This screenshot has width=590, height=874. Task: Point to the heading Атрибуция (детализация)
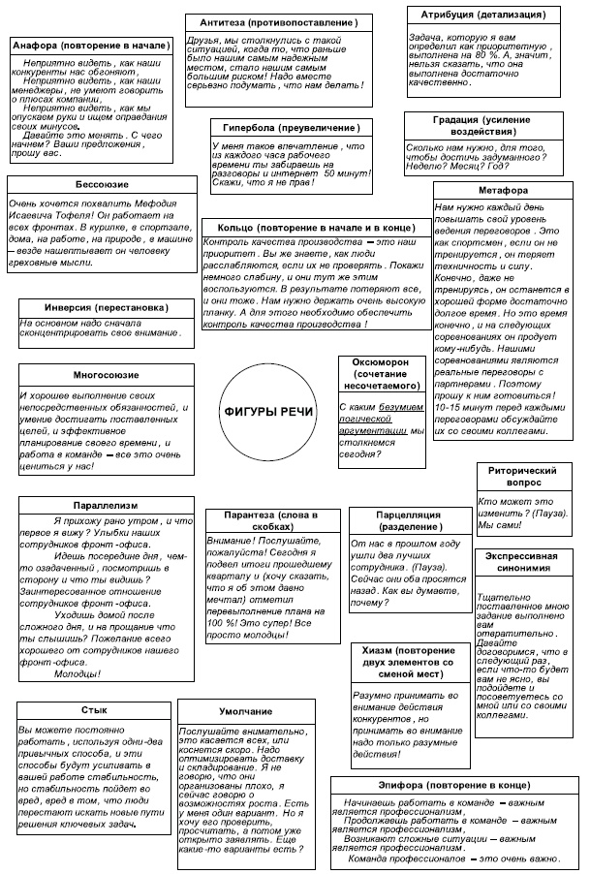482,16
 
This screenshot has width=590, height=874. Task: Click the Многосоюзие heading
105,375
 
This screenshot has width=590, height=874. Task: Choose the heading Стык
95,709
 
